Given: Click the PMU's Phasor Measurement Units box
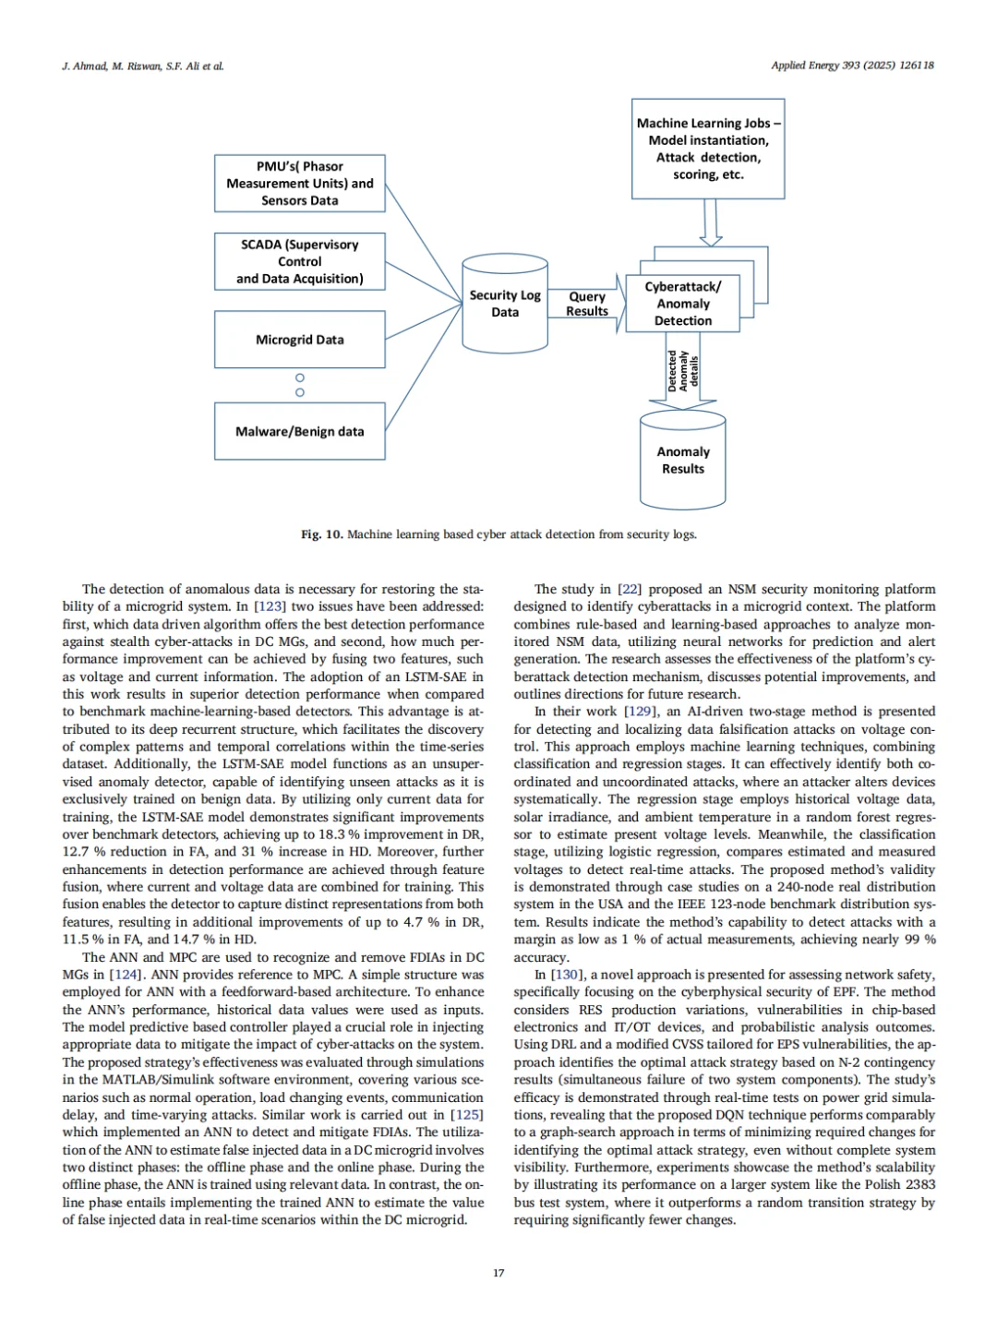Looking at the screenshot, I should pyautogui.click(x=299, y=183).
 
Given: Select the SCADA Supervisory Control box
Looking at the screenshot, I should pyautogui.click(x=299, y=261).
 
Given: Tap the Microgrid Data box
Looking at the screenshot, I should pyautogui.click(x=299, y=340).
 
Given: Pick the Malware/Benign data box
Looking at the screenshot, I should pyautogui.click(x=299, y=431).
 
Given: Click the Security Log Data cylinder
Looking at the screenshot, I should pyautogui.click(x=504, y=304).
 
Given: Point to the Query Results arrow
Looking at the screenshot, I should pyautogui.click(x=587, y=304).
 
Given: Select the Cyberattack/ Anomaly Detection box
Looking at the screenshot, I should pyautogui.click(x=682, y=304).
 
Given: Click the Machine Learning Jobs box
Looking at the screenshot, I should pyautogui.click(x=708, y=149).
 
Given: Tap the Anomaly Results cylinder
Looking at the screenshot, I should pyautogui.click(x=682, y=460).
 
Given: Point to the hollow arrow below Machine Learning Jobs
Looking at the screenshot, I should pyautogui.click(x=710, y=222).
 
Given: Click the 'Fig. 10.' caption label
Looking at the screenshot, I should pyautogui.click(x=321, y=534).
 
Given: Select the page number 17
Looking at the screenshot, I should pyautogui.click(x=498, y=1273).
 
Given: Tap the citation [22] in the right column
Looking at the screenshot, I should pyautogui.click(x=629, y=589).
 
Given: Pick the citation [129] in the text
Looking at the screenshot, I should pyautogui.click(x=640, y=712).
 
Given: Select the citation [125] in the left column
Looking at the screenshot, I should pyautogui.click(x=467, y=1115).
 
